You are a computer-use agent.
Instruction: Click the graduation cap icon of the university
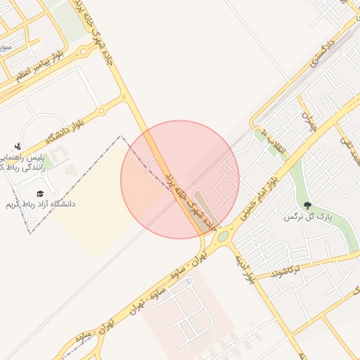coord(40,193)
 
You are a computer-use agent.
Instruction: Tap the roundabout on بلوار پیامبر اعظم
coord(84,51)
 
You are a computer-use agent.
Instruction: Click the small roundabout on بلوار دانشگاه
coord(102,111)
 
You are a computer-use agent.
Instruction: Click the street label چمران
coord(309,121)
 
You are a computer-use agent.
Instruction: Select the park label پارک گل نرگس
coord(307,217)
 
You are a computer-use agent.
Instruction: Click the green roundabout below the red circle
coord(223,236)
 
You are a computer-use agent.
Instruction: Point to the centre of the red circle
coord(180,179)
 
